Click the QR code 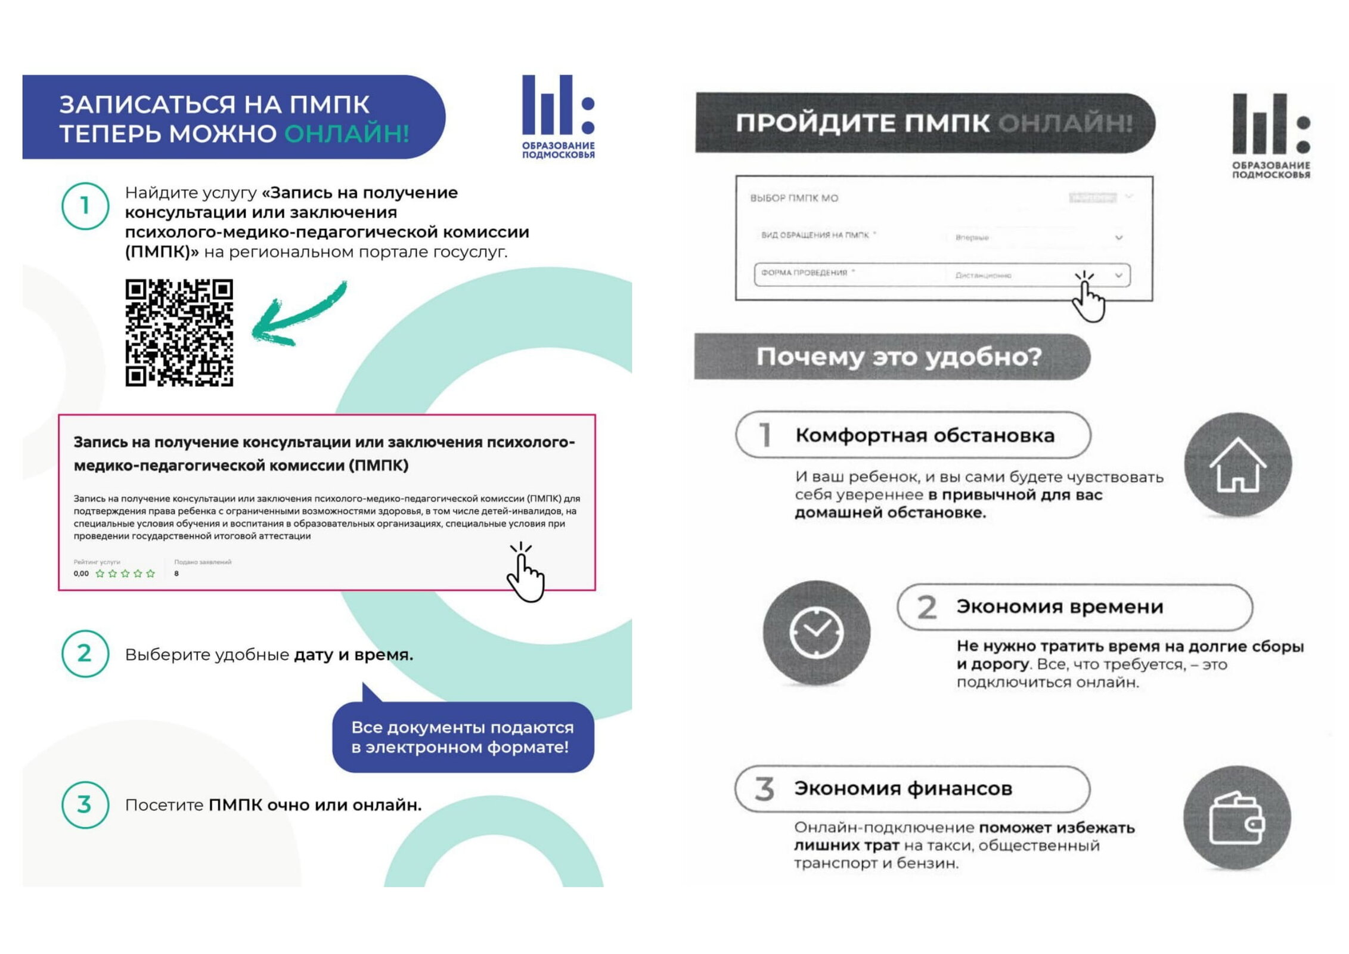click(x=179, y=332)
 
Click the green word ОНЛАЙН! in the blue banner click(x=346, y=134)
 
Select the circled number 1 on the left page click(x=85, y=206)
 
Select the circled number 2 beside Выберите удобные click(x=85, y=653)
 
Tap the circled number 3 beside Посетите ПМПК click(x=85, y=804)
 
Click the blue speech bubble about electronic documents click(x=463, y=737)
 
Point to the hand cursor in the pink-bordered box click(x=525, y=574)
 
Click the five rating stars click(x=125, y=574)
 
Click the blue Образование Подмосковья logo click(x=558, y=116)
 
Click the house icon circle click(x=1238, y=464)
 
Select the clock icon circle click(x=816, y=633)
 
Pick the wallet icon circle click(x=1237, y=818)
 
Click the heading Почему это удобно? click(x=898, y=357)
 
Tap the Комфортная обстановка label click(x=925, y=435)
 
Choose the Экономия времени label click(x=1059, y=606)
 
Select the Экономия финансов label click(x=903, y=788)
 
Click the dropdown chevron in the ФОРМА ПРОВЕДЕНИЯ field click(x=1118, y=275)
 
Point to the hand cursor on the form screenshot click(x=1088, y=298)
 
